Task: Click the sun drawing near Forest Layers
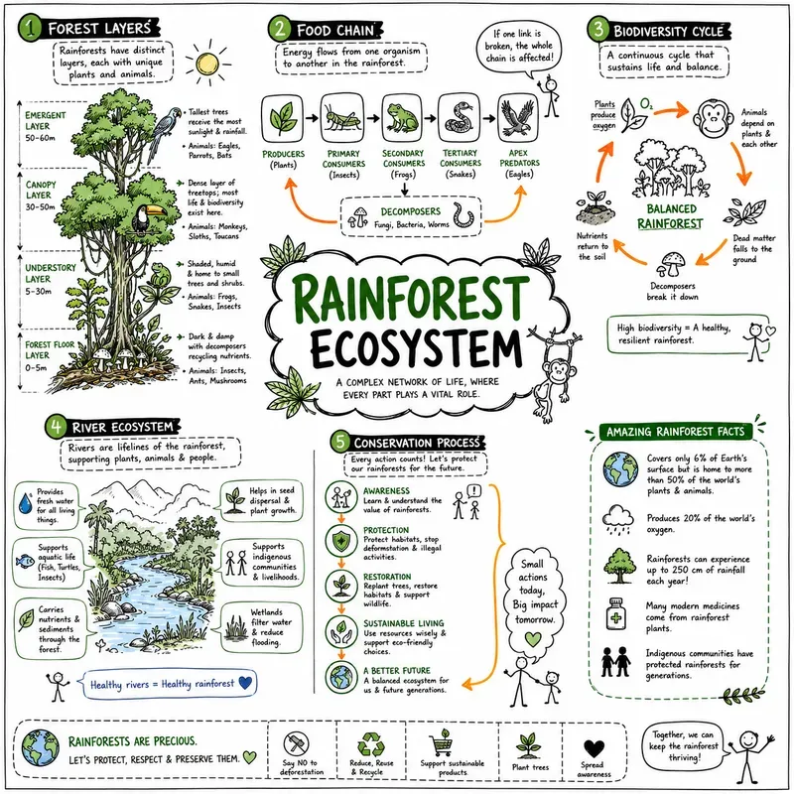207,64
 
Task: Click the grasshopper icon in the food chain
341,118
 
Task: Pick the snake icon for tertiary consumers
459,118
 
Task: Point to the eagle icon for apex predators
517,118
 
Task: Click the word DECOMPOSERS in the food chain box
411,211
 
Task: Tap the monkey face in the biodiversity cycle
714,119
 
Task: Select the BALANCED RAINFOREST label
670,216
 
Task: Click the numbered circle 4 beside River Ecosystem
56,427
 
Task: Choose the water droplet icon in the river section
26,503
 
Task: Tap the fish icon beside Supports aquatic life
25,561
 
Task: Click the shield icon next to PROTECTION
341,541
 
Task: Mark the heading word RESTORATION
387,577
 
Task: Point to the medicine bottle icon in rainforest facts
615,613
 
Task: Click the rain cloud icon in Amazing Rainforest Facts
617,520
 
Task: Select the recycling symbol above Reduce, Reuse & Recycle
370,743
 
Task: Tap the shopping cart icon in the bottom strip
442,742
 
